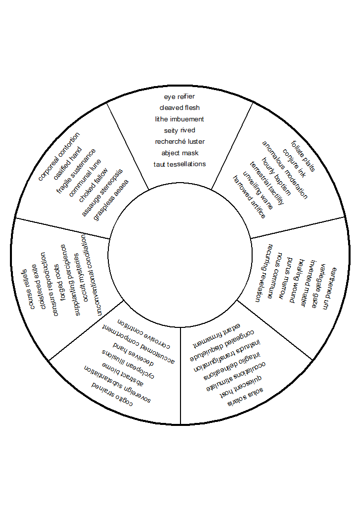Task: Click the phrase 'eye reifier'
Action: pos(180,96)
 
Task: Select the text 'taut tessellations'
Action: pos(180,164)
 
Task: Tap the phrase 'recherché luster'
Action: pos(180,141)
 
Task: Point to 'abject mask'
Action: pos(180,153)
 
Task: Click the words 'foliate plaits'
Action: pos(303,156)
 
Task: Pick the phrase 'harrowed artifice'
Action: pos(250,197)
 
